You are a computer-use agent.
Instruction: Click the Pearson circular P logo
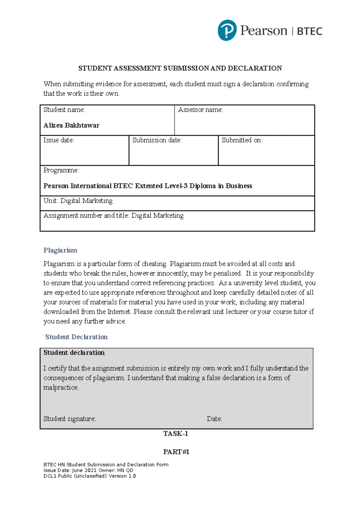227,30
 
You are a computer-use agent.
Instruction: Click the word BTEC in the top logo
310,31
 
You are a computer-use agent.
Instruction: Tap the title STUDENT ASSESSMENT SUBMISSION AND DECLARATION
180,68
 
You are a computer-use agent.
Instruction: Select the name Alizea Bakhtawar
71,125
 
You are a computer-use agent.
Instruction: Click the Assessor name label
200,110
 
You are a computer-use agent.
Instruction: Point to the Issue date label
58,140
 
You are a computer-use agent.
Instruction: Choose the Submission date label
157,140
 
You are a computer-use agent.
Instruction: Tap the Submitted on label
242,140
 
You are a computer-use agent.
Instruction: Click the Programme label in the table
61,170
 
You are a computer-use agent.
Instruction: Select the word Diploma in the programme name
202,186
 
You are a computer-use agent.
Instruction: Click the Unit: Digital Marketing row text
78,201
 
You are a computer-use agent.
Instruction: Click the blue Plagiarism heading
60,250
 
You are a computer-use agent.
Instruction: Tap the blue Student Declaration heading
76,337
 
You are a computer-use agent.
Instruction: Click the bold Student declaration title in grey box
74,353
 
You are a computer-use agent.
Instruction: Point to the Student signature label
70,419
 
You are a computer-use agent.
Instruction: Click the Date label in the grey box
214,419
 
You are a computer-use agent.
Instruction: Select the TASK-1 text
175,433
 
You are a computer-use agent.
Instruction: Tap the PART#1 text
176,452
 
